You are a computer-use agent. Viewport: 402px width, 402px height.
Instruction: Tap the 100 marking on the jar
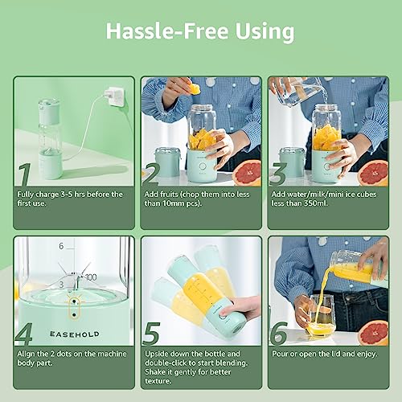point(90,277)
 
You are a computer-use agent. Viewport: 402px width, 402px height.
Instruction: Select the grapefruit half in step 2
point(248,171)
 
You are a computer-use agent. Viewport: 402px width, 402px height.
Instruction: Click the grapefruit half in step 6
point(373,331)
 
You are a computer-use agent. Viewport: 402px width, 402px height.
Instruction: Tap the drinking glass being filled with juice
point(321,315)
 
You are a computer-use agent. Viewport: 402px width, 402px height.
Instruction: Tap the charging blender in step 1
point(50,141)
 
